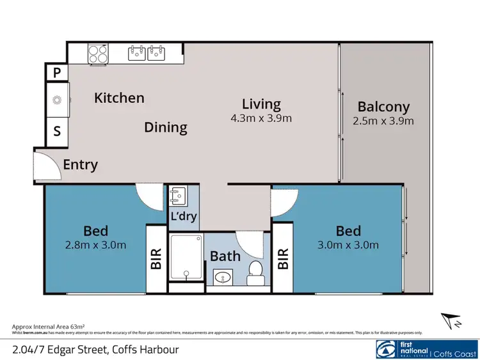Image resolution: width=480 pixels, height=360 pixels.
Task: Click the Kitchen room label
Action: point(119,98)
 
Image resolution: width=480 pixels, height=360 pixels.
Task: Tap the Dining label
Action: point(165,127)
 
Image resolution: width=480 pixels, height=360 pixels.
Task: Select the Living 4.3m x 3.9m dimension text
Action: point(261,118)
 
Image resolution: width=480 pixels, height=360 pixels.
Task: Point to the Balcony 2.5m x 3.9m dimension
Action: point(383,121)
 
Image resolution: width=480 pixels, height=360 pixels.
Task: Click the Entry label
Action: point(81,165)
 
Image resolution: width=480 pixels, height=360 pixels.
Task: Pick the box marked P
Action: point(57,73)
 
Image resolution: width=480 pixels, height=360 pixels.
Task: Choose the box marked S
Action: point(57,132)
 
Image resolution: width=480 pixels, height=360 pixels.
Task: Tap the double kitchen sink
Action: point(147,53)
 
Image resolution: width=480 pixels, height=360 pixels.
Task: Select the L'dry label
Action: point(183,216)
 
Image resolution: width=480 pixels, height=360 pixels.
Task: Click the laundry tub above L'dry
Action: point(179,194)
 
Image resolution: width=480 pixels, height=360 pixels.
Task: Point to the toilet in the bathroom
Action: point(256,271)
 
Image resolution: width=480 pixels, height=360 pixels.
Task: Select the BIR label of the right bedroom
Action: point(283,258)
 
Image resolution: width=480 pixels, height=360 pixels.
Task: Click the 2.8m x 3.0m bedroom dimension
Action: point(95,245)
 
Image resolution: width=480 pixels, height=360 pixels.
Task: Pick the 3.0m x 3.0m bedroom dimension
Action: point(348,245)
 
